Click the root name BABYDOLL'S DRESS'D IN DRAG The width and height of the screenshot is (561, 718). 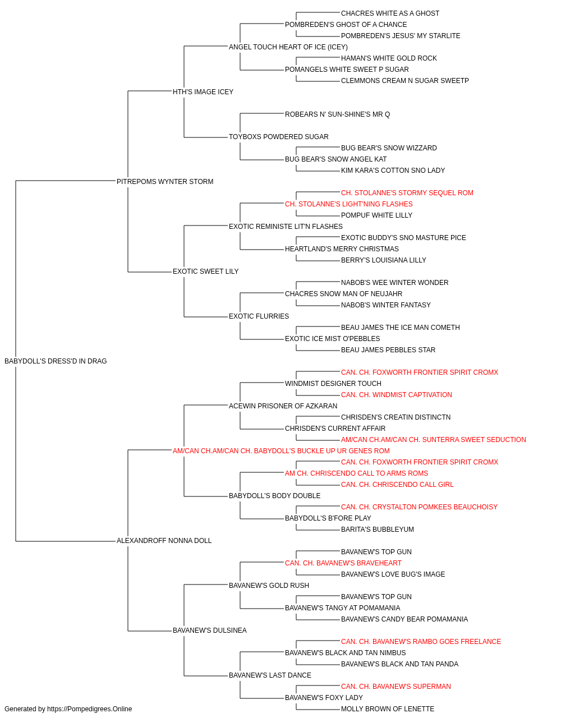[56, 361]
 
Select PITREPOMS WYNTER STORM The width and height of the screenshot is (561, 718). [165, 182]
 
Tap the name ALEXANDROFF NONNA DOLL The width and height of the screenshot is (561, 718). [164, 541]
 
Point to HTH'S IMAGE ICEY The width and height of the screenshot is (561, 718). [203, 92]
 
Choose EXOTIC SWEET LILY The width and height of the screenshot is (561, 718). [205, 271]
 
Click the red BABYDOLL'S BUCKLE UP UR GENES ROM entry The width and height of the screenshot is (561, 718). [281, 450]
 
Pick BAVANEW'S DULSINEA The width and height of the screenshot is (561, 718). [209, 630]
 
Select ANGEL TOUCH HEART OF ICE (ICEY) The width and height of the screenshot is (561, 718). [288, 47]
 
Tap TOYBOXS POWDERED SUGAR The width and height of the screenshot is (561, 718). [278, 137]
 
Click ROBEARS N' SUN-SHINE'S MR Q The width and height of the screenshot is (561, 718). [337, 114]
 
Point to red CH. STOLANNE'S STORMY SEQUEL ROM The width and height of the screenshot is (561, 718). [407, 193]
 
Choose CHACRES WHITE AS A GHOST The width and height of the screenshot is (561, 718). [390, 13]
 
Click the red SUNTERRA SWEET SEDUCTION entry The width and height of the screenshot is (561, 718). [434, 440]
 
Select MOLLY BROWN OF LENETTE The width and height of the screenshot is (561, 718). [388, 709]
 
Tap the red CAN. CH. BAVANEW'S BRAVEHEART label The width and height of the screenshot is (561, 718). [343, 563]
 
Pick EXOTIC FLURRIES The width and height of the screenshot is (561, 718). [259, 316]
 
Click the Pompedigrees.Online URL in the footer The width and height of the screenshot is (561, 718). [89, 709]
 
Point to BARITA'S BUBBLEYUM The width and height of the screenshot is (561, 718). [378, 530]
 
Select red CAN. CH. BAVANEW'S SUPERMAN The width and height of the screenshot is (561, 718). [396, 687]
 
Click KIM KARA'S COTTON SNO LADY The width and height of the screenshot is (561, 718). [393, 171]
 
